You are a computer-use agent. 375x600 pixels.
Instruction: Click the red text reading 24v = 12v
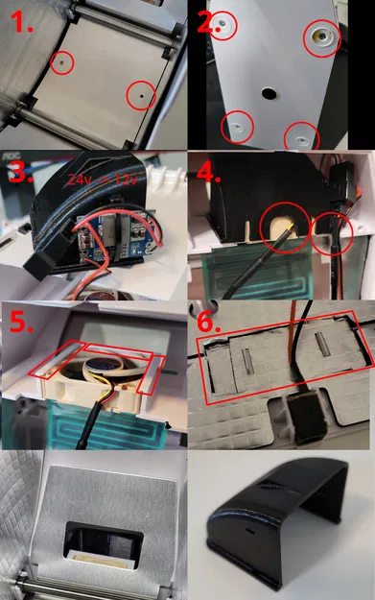(101, 179)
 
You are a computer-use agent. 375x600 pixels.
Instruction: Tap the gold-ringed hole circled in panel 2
(319, 38)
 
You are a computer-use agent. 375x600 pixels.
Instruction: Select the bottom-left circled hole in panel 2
(238, 125)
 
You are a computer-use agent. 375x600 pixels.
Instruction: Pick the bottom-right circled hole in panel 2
(302, 133)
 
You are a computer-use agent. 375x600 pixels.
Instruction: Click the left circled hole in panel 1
(61, 63)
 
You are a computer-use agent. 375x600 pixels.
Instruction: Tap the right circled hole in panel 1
(140, 95)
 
